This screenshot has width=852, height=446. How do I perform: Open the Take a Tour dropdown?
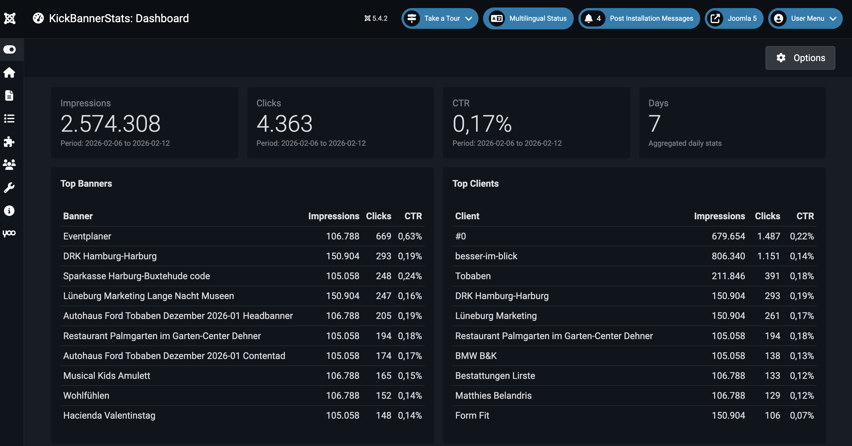click(x=440, y=18)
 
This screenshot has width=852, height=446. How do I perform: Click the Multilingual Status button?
click(x=528, y=18)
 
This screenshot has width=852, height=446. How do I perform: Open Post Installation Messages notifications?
click(x=639, y=18)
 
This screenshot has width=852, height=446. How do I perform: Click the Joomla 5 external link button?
click(x=734, y=18)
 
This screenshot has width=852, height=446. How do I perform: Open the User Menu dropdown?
click(x=805, y=18)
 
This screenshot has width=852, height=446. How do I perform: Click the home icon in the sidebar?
click(x=9, y=72)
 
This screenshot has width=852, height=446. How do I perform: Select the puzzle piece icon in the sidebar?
click(x=9, y=142)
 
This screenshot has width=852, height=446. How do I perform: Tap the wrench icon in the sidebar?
click(x=9, y=188)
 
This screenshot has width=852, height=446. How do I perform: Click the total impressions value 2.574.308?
click(x=111, y=124)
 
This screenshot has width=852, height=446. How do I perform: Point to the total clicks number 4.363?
click(x=285, y=124)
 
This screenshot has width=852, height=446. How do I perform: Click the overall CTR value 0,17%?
click(x=482, y=124)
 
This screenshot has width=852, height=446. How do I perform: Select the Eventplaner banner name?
click(x=87, y=236)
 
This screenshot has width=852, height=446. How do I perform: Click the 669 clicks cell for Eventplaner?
click(x=383, y=236)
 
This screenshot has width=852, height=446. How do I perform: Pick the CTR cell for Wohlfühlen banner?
click(x=410, y=395)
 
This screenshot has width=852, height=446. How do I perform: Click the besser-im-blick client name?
click(x=486, y=256)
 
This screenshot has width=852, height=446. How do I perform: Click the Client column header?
click(x=467, y=216)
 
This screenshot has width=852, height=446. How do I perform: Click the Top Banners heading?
click(x=86, y=184)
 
